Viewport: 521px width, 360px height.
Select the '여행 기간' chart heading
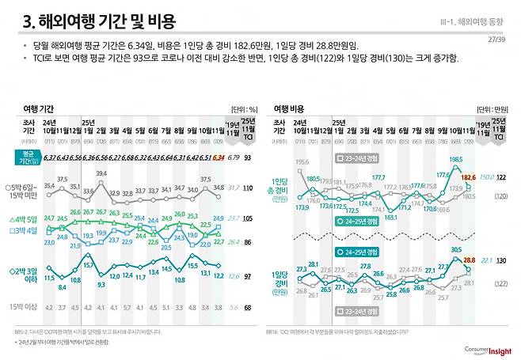pyautogui.click(x=41, y=108)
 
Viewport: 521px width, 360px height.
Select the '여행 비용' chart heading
pyautogui.click(x=291, y=108)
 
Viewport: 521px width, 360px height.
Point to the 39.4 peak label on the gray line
pyautogui.click(x=101, y=173)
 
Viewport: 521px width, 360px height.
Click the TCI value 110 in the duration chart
pyautogui.click(x=247, y=188)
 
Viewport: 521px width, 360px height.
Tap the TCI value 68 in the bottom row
pyautogui.click(x=247, y=307)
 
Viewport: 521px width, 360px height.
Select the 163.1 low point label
pyautogui.click(x=390, y=215)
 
